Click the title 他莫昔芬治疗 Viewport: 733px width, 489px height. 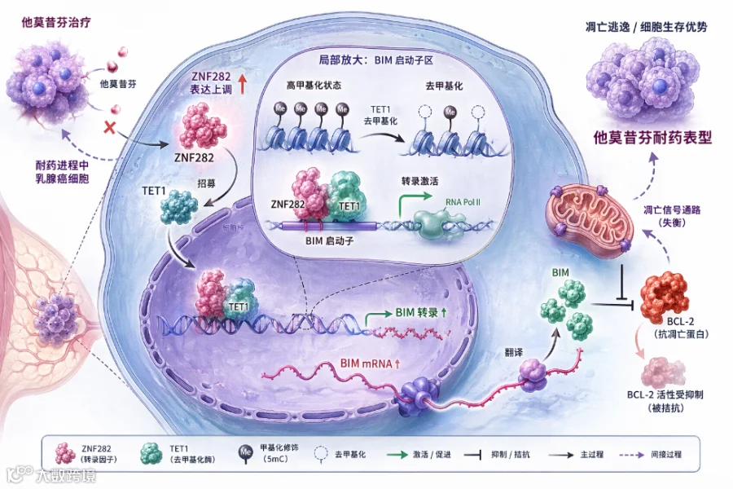pos(55,22)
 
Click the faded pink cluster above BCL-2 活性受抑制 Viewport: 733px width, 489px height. pos(662,371)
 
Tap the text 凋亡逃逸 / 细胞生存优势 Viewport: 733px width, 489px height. pos(646,26)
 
